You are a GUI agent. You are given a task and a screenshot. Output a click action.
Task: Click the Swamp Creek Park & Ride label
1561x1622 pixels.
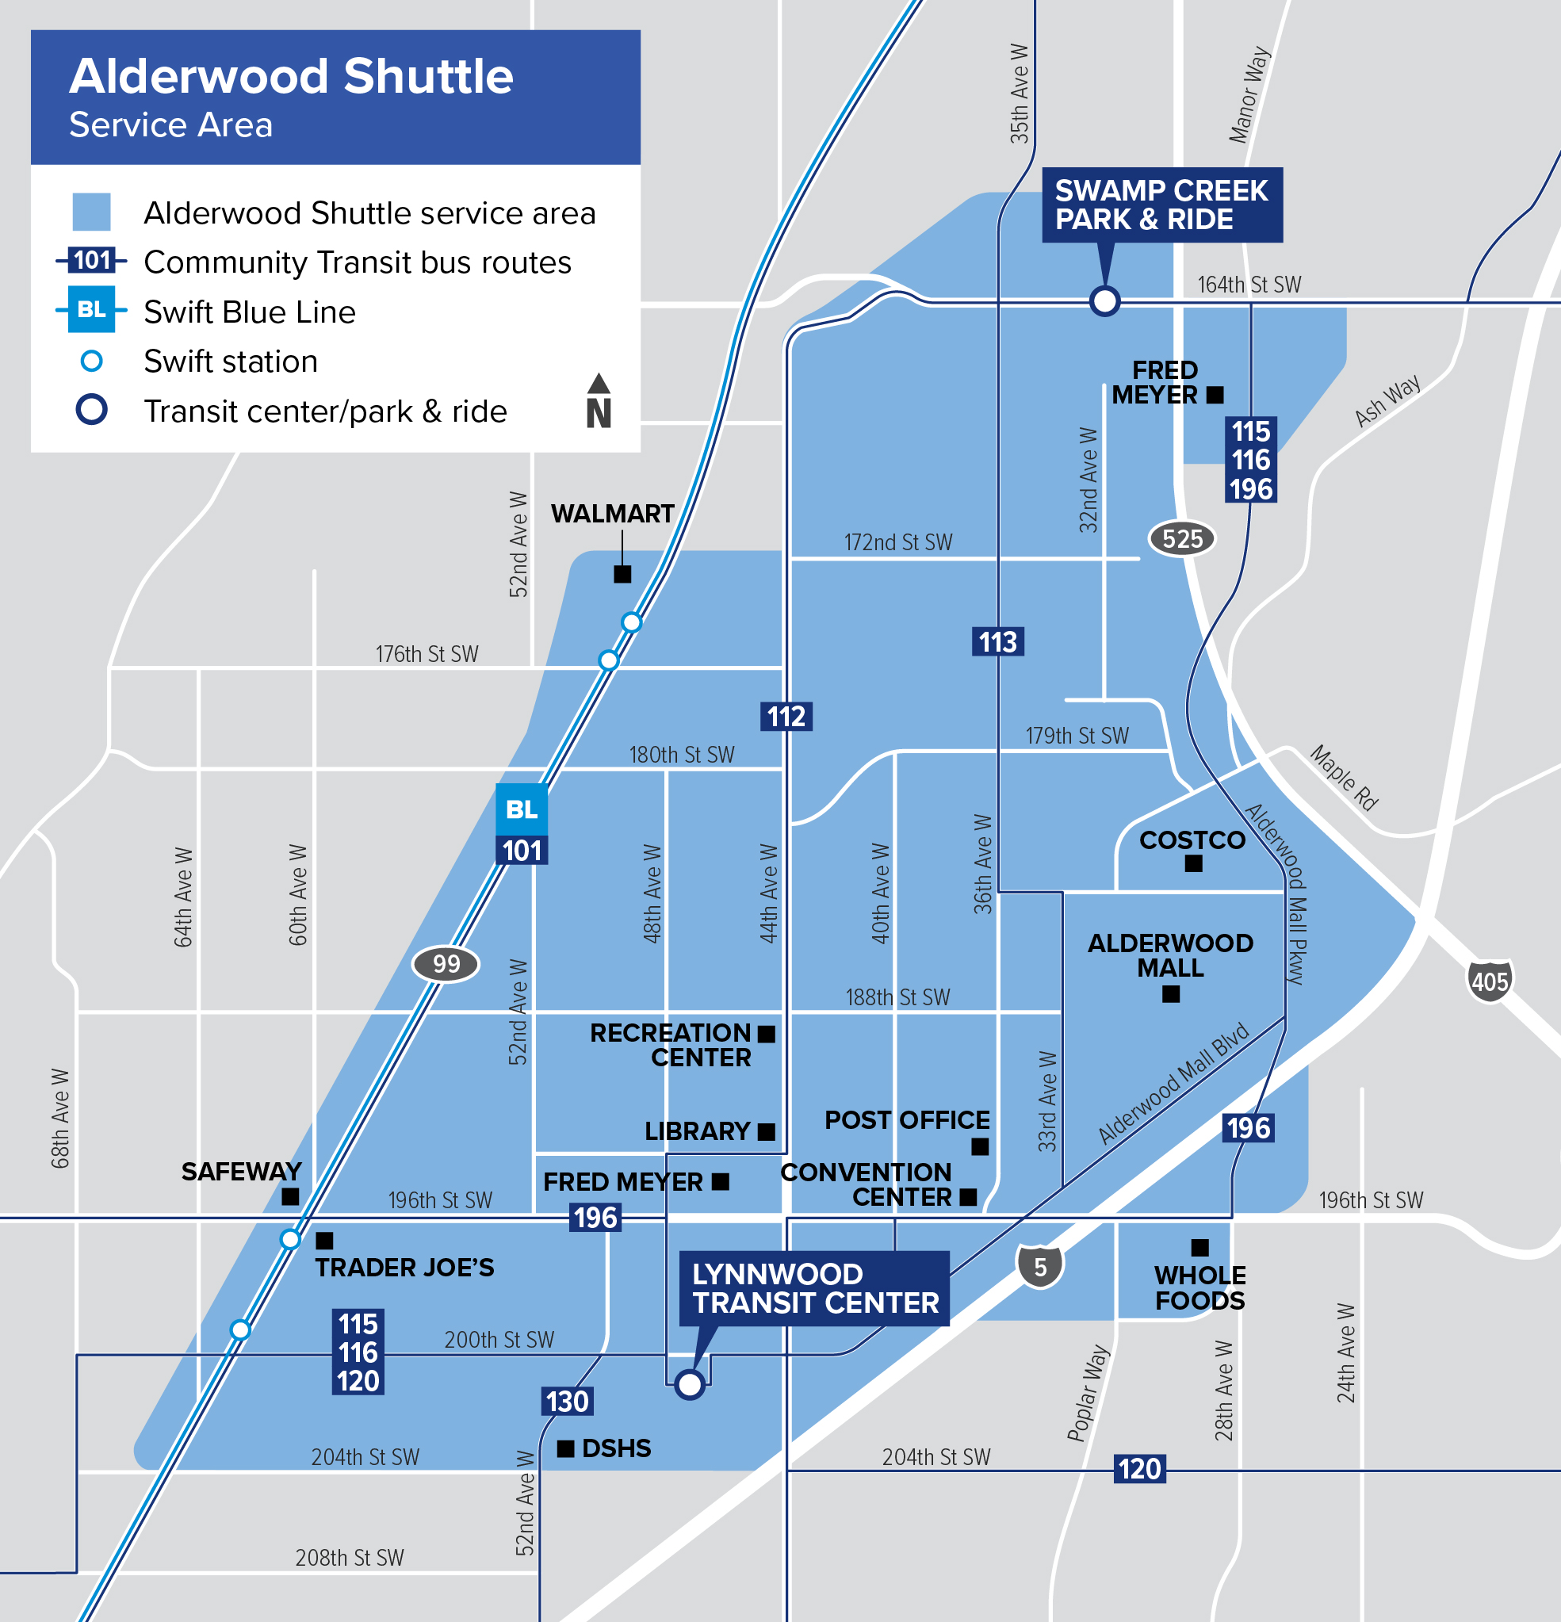[x=1161, y=205]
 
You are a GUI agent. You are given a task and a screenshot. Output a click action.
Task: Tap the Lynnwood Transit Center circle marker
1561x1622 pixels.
[x=689, y=1383]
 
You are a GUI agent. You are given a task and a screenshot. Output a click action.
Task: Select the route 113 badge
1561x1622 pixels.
[x=997, y=641]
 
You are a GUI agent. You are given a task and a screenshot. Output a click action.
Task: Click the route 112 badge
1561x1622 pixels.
[x=786, y=716]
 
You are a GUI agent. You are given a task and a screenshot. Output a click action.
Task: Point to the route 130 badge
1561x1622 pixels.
[x=567, y=1401]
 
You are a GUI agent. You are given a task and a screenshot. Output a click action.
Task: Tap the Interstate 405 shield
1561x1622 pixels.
[x=1489, y=981]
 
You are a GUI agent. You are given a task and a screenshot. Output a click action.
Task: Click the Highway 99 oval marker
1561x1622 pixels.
[x=446, y=964]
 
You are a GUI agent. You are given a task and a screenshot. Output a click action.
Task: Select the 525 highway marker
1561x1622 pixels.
[x=1181, y=539]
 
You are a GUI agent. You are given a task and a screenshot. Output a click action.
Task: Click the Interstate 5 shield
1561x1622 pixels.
[x=1039, y=1267]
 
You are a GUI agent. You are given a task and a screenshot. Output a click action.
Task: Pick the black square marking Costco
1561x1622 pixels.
[x=1192, y=863]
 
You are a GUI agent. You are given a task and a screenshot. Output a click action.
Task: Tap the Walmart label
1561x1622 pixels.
[x=613, y=514]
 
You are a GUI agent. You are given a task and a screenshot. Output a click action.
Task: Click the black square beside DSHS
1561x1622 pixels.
[x=565, y=1448]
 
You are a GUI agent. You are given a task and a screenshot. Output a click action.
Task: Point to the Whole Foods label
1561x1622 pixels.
[x=1199, y=1287]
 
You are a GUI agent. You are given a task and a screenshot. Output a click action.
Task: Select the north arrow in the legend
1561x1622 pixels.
[x=599, y=400]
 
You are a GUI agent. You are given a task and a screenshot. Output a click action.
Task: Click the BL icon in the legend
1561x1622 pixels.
[x=91, y=309]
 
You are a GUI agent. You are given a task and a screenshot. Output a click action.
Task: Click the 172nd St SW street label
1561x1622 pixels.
[x=898, y=542]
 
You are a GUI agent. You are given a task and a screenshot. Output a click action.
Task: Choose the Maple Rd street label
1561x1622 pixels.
[x=1343, y=778]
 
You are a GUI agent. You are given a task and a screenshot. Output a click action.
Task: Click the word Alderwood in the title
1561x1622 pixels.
[x=199, y=76]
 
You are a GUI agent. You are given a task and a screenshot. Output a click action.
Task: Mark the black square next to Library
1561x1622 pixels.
[x=767, y=1131]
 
